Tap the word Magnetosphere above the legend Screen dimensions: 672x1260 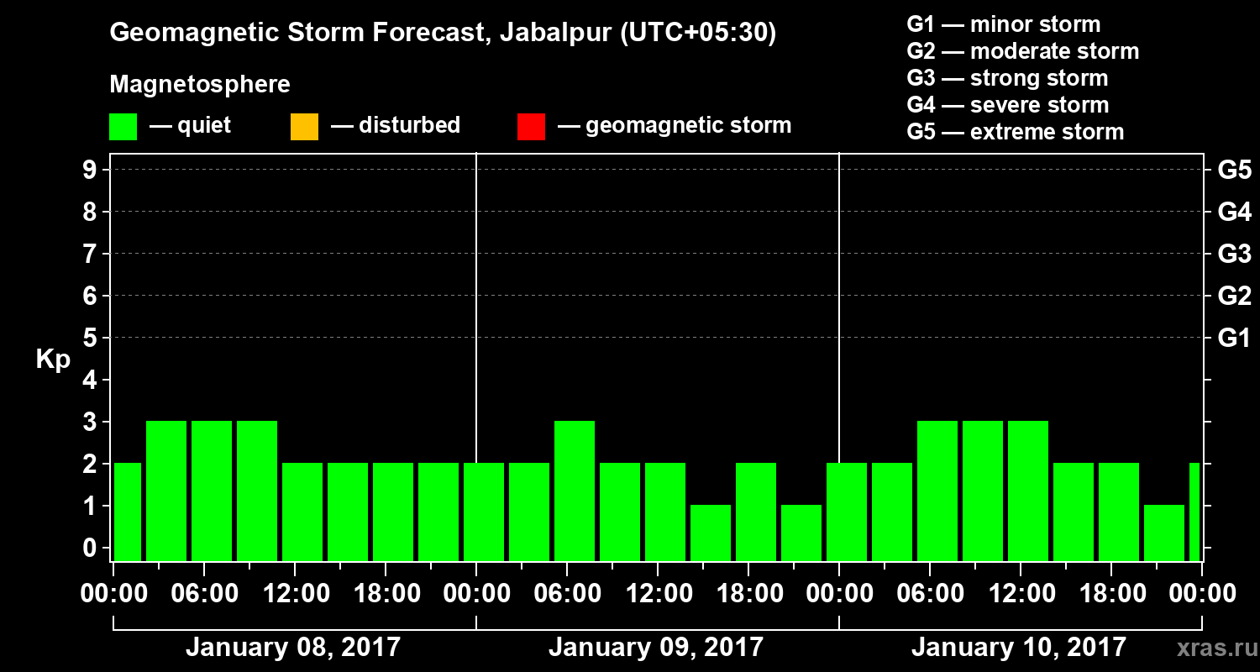tap(200, 85)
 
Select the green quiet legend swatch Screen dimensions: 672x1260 tap(123, 127)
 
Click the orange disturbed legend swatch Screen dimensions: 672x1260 tap(304, 127)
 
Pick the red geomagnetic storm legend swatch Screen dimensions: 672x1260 tap(531, 127)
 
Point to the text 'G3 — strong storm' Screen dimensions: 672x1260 tap(1007, 78)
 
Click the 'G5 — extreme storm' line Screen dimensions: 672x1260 tap(1015, 132)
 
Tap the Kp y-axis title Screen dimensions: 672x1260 tap(53, 360)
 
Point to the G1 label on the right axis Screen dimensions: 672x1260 tap(1234, 339)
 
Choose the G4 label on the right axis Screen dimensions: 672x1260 tap(1234, 212)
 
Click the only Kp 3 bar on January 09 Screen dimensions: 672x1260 tap(575, 491)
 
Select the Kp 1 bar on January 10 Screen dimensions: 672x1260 tap(1164, 533)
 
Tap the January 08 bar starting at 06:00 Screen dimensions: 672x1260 tap(212, 491)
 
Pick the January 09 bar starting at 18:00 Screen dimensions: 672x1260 tap(756, 512)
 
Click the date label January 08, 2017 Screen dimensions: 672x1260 tap(293, 648)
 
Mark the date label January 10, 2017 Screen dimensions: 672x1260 tap(1018, 648)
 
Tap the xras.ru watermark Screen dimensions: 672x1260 tap(1210, 648)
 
